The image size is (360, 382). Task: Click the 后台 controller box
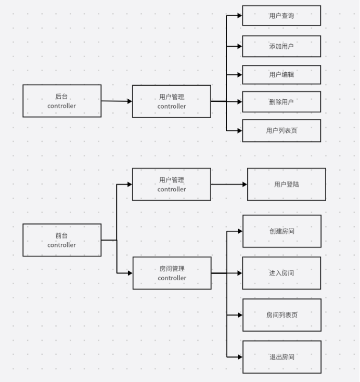coord(62,101)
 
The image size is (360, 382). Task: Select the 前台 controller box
coord(62,240)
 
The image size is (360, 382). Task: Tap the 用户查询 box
coord(281,16)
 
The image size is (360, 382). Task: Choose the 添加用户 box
coord(281,46)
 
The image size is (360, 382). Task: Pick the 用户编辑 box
coord(281,74)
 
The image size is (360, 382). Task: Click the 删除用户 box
coord(281,102)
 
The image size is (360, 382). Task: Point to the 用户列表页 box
coord(281,130)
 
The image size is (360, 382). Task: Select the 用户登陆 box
coord(287,184)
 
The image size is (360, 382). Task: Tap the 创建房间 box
coord(281,231)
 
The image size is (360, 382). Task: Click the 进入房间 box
coord(281,273)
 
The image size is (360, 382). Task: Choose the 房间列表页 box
coord(281,315)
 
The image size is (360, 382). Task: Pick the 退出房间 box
coord(281,357)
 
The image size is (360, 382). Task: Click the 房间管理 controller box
coord(172,273)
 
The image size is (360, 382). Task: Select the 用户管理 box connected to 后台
coord(172,101)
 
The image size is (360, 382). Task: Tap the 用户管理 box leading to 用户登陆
coord(172,184)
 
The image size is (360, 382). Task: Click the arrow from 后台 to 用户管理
coord(117,101)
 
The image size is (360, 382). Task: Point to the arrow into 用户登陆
coord(229,184)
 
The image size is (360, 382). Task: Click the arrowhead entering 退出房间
coord(239,357)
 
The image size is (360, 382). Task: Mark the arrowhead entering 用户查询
coord(239,16)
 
